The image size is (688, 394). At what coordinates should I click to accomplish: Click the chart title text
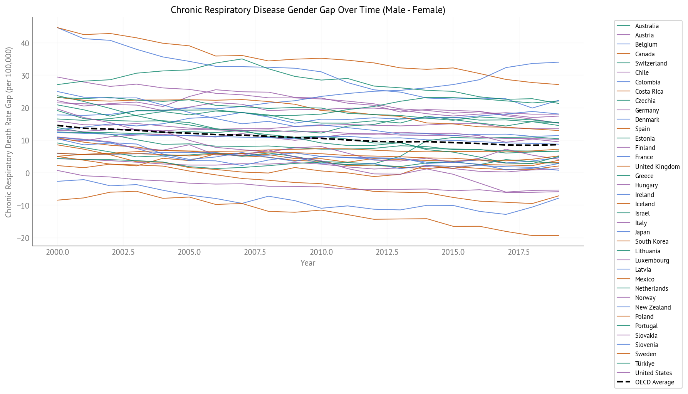308,10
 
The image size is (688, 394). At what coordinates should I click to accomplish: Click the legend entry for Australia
647,26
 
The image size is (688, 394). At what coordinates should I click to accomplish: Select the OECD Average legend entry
654,382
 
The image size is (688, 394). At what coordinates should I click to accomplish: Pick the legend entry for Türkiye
644,364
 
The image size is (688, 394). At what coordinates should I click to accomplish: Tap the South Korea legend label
651,241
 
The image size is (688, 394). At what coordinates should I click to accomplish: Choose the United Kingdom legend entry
657,167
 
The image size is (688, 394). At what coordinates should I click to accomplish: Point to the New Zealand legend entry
653,307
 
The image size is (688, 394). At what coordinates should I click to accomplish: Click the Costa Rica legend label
649,91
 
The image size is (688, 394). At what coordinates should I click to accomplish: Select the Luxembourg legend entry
652,260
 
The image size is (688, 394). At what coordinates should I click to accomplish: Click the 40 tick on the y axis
25,43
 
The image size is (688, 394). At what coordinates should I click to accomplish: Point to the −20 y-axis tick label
23,238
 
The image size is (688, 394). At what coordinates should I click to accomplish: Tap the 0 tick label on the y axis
27,173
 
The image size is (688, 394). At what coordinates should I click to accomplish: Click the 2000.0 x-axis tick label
57,252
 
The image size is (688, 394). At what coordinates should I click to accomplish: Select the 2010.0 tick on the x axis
321,252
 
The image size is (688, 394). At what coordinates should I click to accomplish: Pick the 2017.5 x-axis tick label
519,252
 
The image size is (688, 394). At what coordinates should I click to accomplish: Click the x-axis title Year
308,263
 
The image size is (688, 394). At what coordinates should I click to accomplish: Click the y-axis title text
8,132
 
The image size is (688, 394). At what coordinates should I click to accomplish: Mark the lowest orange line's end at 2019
559,236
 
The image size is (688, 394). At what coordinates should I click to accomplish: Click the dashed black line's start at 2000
57,125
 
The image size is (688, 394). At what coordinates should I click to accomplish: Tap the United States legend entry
653,373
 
